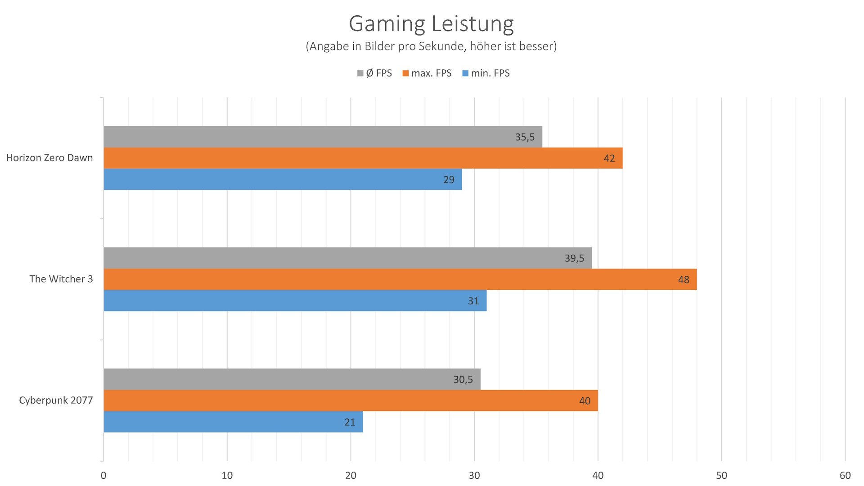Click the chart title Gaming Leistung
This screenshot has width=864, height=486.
[431, 24]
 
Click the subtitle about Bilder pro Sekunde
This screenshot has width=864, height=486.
[431, 46]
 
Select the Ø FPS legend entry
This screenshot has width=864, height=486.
[374, 73]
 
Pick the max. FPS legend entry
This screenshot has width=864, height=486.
[427, 73]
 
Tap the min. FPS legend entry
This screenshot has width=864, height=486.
[486, 73]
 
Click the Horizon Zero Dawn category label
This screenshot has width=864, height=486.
[49, 158]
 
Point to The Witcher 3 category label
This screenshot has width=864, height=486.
[61, 279]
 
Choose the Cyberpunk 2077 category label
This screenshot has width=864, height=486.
[56, 400]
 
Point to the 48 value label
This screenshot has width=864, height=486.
[684, 280]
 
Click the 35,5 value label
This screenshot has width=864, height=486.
[525, 137]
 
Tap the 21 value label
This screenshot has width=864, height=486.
[350, 423]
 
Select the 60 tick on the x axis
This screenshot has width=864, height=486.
[845, 476]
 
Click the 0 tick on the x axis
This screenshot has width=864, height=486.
[103, 476]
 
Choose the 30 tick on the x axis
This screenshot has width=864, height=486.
[474, 476]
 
